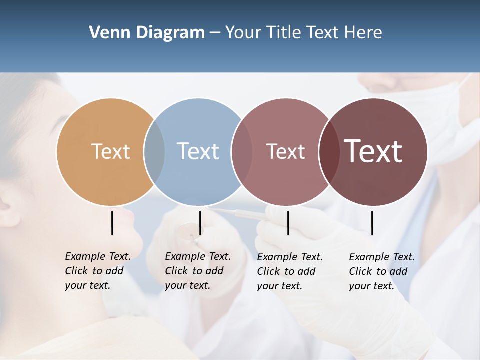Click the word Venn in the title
[x=105, y=33]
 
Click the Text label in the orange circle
[x=110, y=151]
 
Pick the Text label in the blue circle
[x=198, y=151]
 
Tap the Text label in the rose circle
[x=285, y=152]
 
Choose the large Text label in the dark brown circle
[x=373, y=151]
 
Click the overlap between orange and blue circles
[x=154, y=152]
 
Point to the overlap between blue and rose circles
[x=242, y=152]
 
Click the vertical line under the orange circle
[x=112, y=223]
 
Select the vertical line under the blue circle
[x=200, y=223]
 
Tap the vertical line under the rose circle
[x=288, y=223]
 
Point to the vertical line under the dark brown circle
[x=372, y=223]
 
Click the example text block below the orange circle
[x=97, y=271]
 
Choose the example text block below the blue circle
[x=197, y=271]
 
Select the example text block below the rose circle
[x=289, y=271]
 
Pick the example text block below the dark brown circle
[x=381, y=271]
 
